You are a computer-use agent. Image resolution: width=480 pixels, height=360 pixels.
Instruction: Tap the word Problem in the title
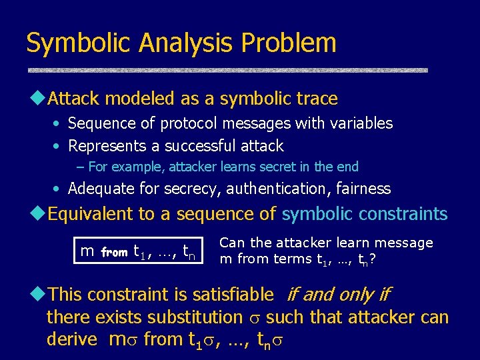pyautogui.click(x=289, y=43)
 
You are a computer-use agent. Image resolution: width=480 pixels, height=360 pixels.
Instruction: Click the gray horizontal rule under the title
pyautogui.click(x=227, y=69)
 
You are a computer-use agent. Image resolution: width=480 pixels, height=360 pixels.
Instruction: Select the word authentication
pyautogui.click(x=273, y=189)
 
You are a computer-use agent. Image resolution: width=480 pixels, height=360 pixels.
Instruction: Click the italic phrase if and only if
pyautogui.click(x=337, y=294)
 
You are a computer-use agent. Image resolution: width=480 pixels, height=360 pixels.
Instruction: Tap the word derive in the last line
pyautogui.click(x=72, y=339)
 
